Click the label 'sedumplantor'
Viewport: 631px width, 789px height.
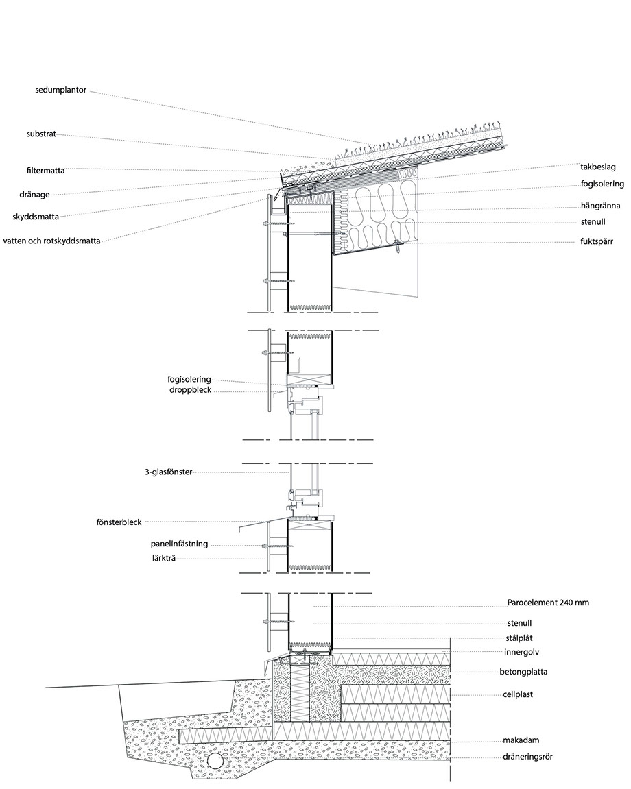61,90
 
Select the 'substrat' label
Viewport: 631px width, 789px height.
42,134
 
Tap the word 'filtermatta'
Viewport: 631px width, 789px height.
46,171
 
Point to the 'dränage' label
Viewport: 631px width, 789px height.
35,195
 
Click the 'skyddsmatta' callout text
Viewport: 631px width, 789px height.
36,217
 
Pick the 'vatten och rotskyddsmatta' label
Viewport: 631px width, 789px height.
52,241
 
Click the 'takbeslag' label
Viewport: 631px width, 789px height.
598,167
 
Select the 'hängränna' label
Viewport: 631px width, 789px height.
600,206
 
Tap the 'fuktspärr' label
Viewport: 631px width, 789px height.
597,242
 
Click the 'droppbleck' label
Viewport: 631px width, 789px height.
191,390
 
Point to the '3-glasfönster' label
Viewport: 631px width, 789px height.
168,472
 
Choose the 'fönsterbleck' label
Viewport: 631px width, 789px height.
119,522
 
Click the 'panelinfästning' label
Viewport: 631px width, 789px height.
179,544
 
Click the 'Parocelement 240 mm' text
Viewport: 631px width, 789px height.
548,603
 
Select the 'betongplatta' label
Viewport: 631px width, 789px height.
523,672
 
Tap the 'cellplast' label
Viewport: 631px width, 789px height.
518,694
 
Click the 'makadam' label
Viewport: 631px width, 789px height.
521,740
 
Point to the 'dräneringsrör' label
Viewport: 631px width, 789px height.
527,757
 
